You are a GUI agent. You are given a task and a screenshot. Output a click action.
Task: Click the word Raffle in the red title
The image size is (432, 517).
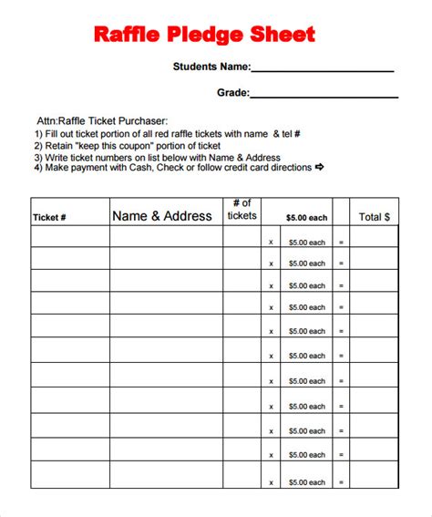click(x=126, y=35)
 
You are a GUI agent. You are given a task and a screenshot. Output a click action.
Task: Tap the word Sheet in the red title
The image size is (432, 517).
click(x=283, y=35)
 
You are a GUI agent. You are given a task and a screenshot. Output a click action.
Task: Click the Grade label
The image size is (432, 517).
click(x=231, y=92)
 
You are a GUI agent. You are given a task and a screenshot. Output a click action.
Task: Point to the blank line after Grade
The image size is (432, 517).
click(x=324, y=95)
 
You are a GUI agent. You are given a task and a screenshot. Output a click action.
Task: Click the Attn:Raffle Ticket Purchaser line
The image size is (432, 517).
click(x=101, y=120)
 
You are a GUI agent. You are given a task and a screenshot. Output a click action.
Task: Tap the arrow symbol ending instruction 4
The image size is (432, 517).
click(x=320, y=167)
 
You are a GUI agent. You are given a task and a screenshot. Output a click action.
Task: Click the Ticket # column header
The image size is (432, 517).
click(x=49, y=218)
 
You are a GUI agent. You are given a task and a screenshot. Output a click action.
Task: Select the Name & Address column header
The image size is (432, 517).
click(x=162, y=216)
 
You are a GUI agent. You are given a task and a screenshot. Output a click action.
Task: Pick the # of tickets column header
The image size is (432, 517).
click(x=242, y=210)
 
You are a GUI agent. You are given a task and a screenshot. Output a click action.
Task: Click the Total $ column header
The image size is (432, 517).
click(x=374, y=217)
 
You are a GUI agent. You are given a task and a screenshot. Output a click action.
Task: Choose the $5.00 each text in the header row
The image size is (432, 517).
click(x=306, y=218)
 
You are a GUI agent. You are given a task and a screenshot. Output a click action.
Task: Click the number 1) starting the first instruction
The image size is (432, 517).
click(x=38, y=133)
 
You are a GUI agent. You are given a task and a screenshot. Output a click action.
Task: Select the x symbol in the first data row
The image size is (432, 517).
click(x=271, y=242)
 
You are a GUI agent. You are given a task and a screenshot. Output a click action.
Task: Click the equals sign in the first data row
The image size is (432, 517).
click(x=341, y=242)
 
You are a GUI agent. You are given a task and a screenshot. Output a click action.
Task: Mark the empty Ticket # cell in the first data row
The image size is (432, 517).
click(x=70, y=237)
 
